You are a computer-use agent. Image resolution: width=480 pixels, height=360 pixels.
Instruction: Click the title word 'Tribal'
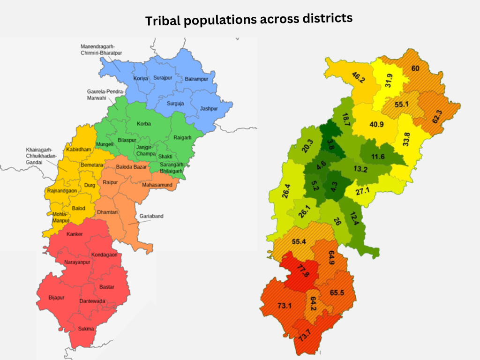161,21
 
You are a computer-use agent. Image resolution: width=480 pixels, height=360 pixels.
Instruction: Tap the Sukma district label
86,329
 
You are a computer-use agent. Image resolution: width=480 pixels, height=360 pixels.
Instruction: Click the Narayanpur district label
76,263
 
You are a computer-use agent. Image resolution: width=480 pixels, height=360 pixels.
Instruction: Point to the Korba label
144,124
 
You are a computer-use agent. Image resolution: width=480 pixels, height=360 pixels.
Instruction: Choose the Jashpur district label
209,108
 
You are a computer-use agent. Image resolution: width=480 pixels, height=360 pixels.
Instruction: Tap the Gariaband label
151,216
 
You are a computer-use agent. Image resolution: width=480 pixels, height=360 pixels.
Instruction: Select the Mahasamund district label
157,185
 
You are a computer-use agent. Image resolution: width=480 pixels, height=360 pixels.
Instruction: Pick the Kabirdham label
78,149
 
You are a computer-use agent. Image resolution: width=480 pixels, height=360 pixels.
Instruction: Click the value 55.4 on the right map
299,241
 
